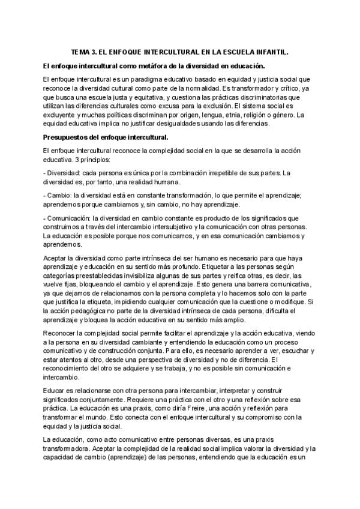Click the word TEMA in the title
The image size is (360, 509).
[80, 52]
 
